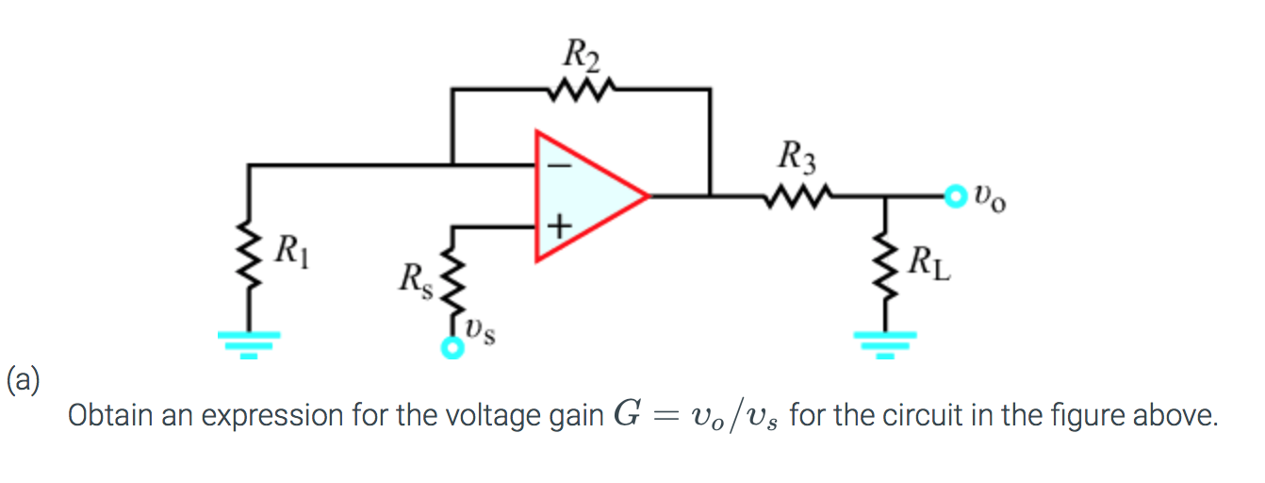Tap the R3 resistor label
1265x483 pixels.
pyautogui.click(x=797, y=155)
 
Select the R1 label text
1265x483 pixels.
pyautogui.click(x=292, y=252)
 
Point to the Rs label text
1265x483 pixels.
pyautogui.click(x=414, y=280)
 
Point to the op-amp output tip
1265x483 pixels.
pyautogui.click(x=648, y=196)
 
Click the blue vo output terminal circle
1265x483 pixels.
pyautogui.click(x=957, y=197)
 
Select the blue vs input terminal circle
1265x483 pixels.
pyautogui.click(x=454, y=350)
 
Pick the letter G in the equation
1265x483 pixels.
pyautogui.click(x=625, y=414)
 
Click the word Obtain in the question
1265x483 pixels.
pyautogui.click(x=98, y=415)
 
